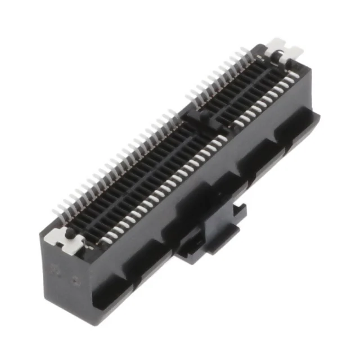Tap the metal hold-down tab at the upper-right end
point(284,51)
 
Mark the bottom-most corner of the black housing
point(102,323)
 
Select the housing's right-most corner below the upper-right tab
point(319,115)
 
